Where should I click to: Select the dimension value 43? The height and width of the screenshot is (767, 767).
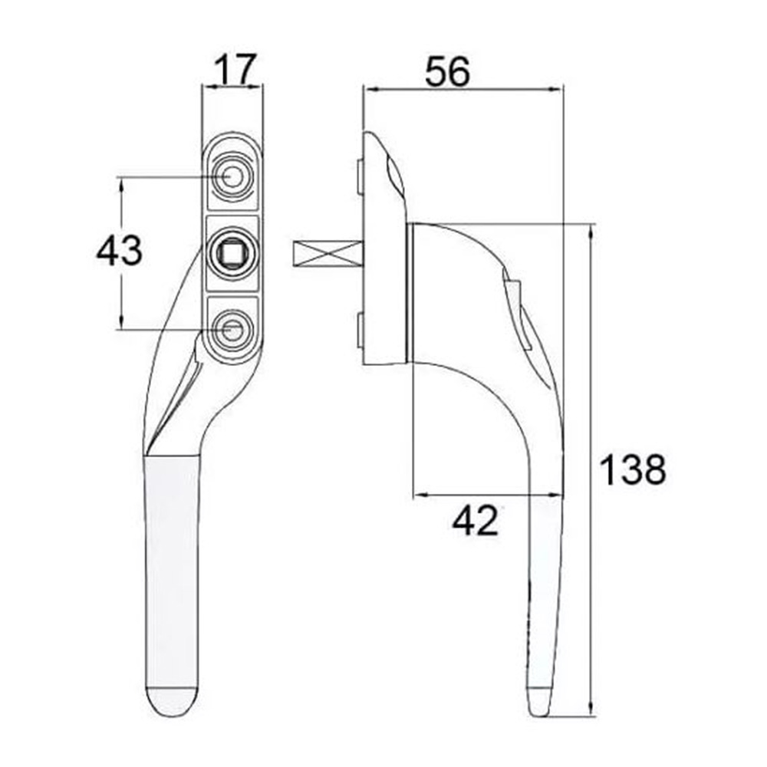119,251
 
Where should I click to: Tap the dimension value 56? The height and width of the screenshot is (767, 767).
447,72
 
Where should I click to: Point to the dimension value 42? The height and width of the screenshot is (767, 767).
476,522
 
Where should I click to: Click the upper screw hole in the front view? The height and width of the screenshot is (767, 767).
231,177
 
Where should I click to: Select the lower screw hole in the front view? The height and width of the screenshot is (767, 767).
231,329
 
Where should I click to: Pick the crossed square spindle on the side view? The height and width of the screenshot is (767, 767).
328,254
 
